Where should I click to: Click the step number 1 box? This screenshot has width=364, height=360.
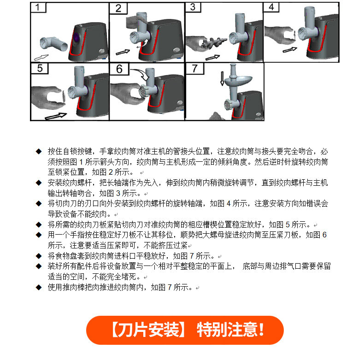[38, 7]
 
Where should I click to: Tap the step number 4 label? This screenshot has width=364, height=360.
[271, 7]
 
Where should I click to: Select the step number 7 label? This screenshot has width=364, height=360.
[195, 69]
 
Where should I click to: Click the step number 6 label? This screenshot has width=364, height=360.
[119, 69]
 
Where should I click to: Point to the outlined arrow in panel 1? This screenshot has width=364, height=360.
[41, 57]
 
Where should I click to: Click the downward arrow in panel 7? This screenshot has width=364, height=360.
[222, 78]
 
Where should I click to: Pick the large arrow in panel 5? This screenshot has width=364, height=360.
[56, 116]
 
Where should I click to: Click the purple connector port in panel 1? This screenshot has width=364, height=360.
[76, 39]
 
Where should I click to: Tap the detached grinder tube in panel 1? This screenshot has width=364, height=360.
[53, 44]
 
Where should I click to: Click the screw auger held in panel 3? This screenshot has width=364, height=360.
[214, 42]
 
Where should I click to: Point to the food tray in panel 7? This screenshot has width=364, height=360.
[238, 80]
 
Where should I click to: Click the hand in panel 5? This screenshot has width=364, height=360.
[47, 98]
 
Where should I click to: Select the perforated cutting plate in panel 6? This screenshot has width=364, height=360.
[143, 92]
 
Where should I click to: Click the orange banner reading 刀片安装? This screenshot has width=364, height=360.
[185, 330]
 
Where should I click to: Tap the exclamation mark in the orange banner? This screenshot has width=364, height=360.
[262, 329]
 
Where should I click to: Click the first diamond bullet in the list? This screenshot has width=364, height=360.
[39, 152]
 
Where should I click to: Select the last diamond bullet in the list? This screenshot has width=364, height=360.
[39, 287]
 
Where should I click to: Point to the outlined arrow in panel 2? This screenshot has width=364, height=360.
[123, 52]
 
